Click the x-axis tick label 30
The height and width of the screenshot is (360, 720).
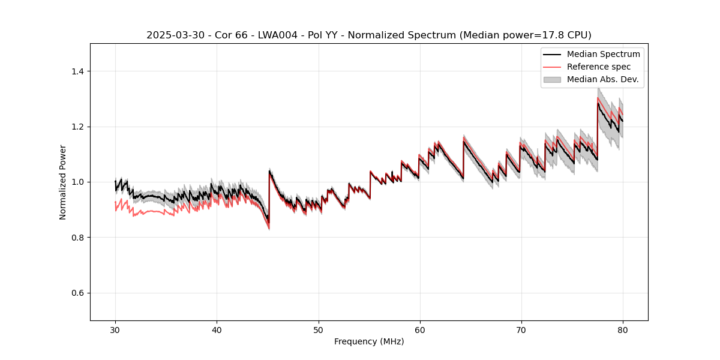115,329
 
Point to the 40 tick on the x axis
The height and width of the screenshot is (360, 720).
217,329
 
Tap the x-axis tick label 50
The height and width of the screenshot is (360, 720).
318,329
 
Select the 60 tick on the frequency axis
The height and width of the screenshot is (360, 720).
419,329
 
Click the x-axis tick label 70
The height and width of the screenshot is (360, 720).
521,329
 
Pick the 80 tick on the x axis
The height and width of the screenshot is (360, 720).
622,329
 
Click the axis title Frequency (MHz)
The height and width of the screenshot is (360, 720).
369,341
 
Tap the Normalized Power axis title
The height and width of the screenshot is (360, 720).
63,182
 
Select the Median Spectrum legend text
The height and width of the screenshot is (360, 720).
603,54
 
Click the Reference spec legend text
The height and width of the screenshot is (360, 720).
599,67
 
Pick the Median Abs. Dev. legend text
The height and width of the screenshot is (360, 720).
602,79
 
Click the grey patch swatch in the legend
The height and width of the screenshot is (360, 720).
552,79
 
